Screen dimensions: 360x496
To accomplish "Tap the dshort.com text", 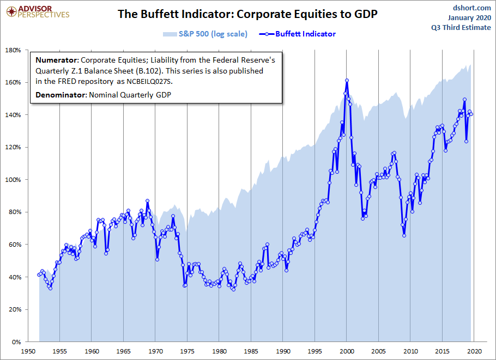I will point(472,8).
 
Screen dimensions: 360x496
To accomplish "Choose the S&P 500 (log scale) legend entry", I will point(205,34).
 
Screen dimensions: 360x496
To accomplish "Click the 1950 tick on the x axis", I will point(28,352).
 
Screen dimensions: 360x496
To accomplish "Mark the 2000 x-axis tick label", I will point(347,352).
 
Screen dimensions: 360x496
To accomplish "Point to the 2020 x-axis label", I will point(475,352).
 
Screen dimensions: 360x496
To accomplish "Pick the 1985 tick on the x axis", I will point(251,352).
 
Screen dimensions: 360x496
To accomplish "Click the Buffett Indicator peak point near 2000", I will point(347,81).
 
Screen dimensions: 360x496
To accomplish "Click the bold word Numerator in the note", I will point(57,60).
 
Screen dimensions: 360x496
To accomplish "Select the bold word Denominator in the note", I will point(61,95).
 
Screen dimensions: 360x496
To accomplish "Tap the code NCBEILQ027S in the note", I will point(148,82).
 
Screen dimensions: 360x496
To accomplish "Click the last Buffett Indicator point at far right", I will point(471,114).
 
